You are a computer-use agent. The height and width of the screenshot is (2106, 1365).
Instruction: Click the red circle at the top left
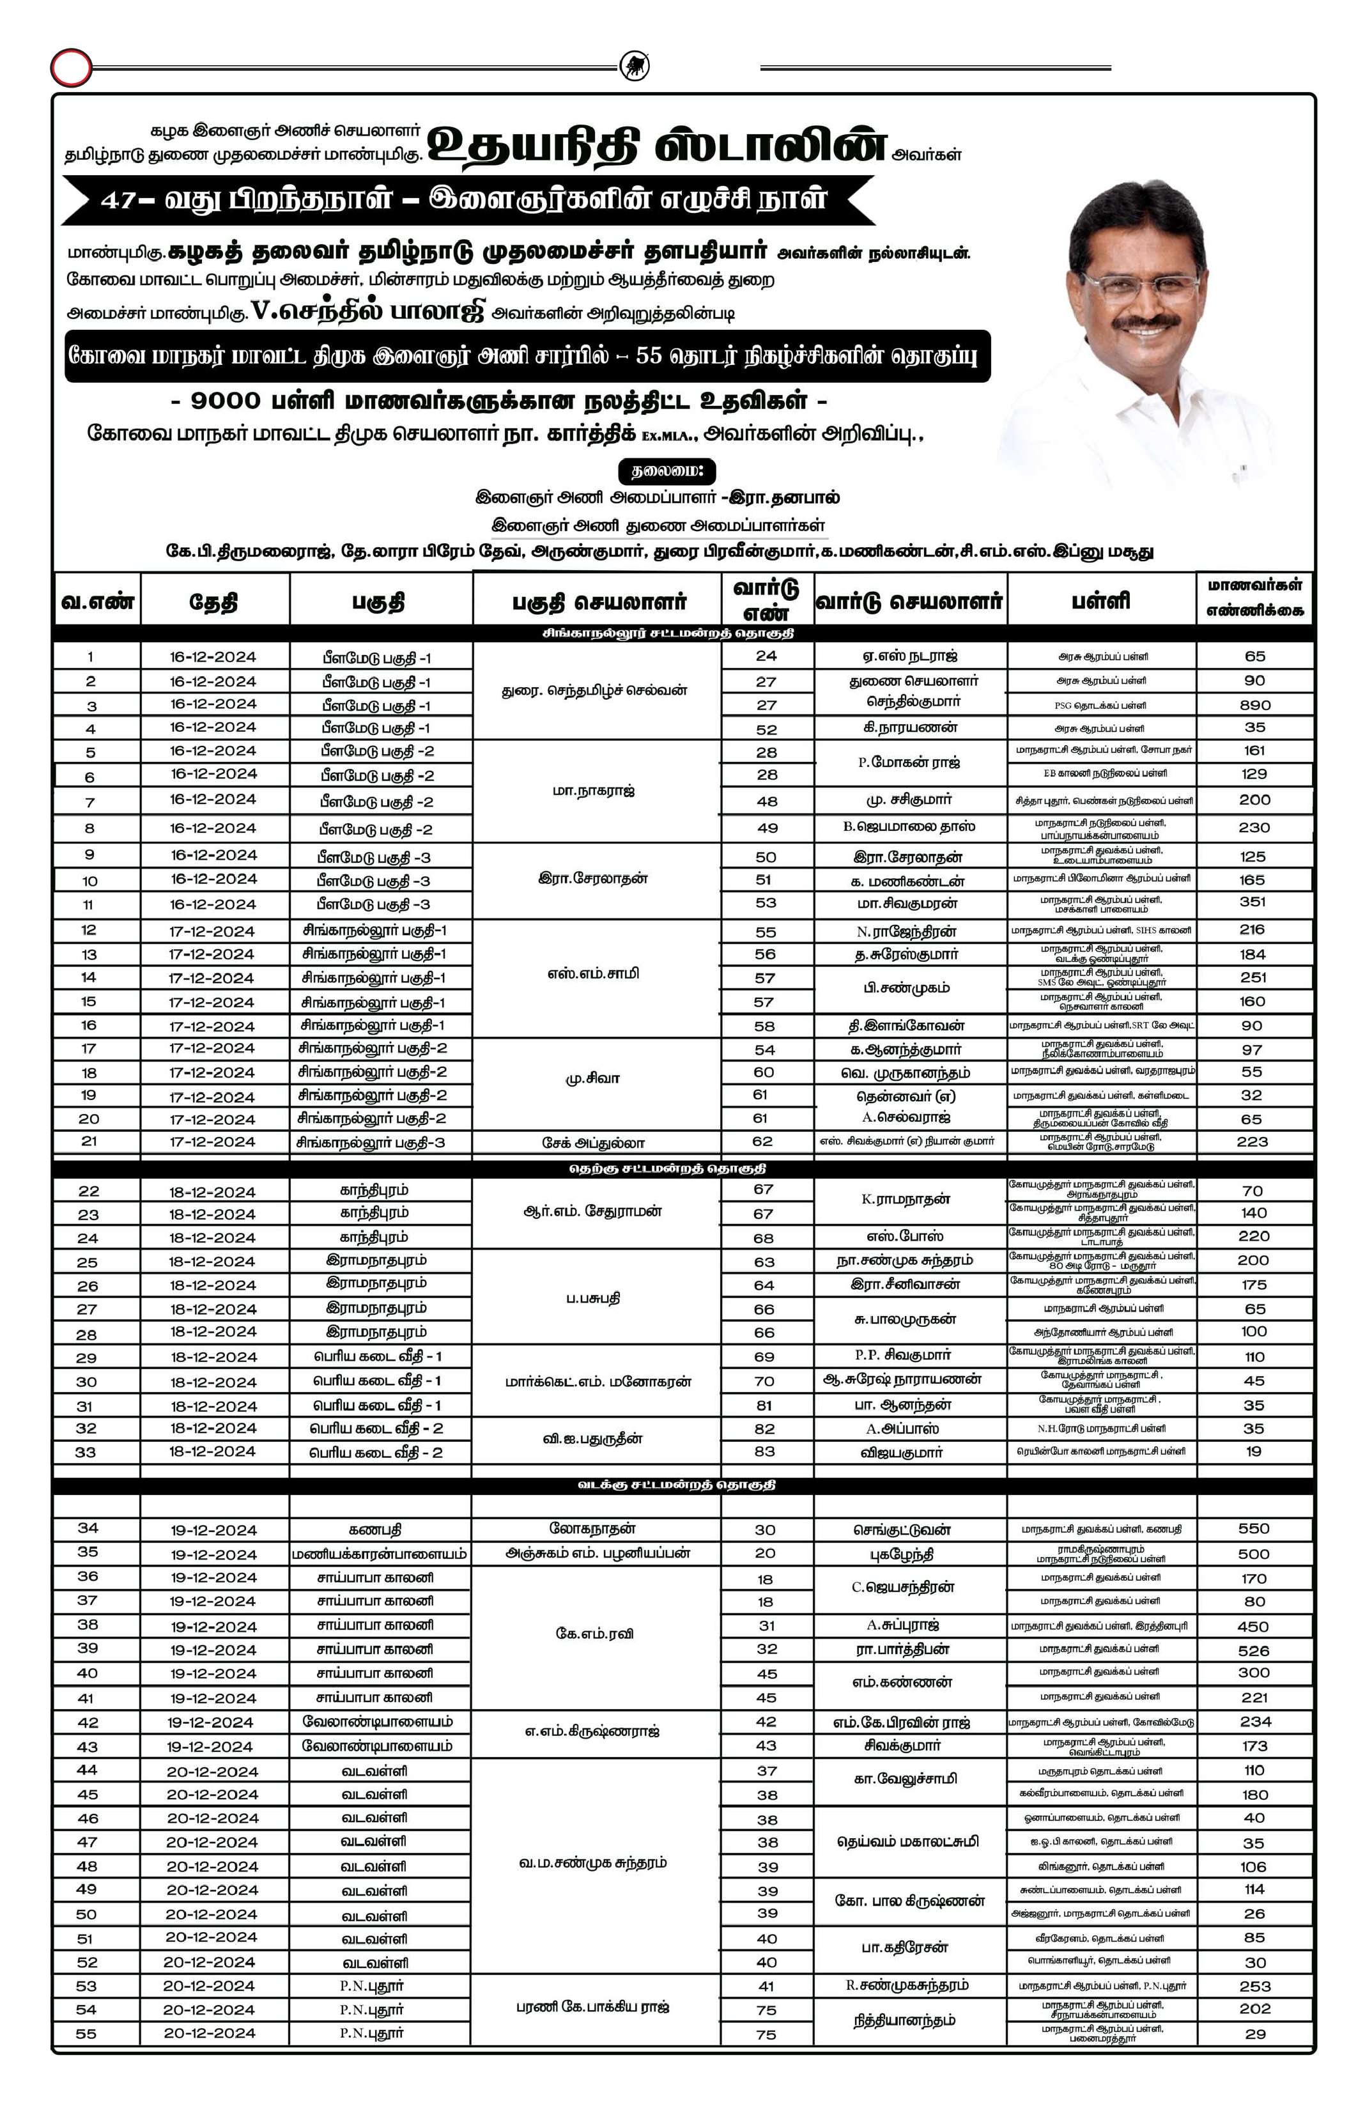pos(71,68)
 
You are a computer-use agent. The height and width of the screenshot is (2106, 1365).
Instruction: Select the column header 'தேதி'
pos(213,603)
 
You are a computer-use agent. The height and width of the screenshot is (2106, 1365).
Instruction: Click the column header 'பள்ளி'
pos(1100,601)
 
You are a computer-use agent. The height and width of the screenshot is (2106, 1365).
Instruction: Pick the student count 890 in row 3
pos(1254,705)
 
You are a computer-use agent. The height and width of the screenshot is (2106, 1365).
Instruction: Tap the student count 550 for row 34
pos(1254,1528)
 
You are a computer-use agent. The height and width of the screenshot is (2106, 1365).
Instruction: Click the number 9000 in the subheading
pos(226,401)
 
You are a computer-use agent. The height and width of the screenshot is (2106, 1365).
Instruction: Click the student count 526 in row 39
pos(1254,1650)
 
